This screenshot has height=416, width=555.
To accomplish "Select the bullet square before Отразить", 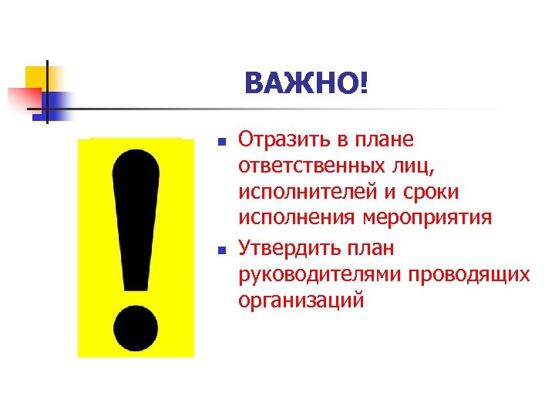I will tap(220, 143).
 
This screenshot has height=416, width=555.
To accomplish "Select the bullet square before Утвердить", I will tap(220, 250).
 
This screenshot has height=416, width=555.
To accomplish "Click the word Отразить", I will tap(281, 139).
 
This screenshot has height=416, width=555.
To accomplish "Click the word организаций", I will tap(300, 301).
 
